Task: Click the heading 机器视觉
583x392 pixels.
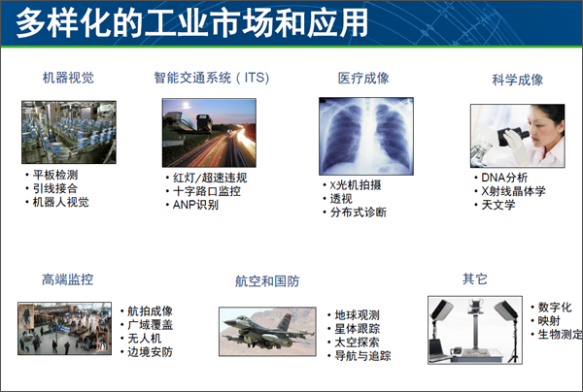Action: point(68,78)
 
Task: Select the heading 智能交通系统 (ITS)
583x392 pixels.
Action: point(212,78)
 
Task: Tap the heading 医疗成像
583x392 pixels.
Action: point(363,79)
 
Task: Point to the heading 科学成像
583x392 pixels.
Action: point(517,80)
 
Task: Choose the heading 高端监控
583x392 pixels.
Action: point(67,279)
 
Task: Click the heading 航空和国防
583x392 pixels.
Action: point(267,281)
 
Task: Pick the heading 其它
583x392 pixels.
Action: point(475,278)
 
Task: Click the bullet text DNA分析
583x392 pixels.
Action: point(504,178)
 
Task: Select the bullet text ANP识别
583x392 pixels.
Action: point(195,205)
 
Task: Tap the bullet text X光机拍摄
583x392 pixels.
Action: point(356,185)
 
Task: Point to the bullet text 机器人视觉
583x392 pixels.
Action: point(61,203)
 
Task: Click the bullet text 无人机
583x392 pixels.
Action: point(145,339)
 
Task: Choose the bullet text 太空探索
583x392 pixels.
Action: point(358,343)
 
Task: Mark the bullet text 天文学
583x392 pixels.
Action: point(498,205)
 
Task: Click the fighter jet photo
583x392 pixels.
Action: point(267,332)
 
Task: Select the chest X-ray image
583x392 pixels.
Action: point(366,136)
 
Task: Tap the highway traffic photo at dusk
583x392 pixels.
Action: point(209,133)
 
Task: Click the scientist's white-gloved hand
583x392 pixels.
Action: point(515,145)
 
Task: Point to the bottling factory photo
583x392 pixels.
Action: point(69,132)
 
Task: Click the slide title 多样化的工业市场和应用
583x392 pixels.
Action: point(191,23)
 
